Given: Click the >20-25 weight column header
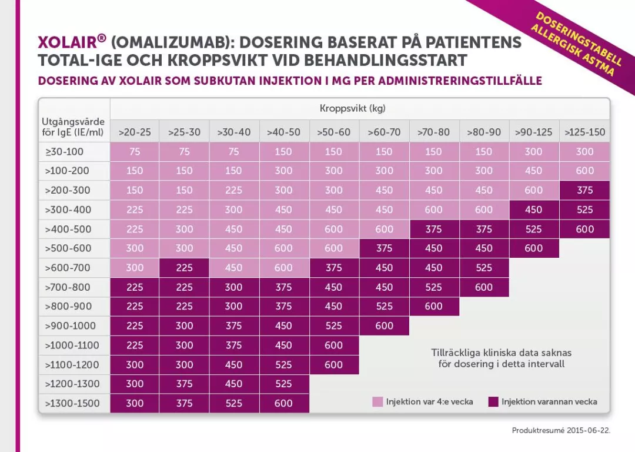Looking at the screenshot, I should (x=135, y=132).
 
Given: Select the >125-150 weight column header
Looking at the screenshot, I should (x=584, y=132).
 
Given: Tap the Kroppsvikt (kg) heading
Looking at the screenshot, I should (x=352, y=108).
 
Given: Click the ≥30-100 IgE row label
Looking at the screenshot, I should (x=65, y=152).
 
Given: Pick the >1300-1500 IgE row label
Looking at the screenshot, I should (x=72, y=404).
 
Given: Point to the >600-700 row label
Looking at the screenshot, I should (x=68, y=268).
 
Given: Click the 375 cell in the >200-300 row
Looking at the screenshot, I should (x=584, y=190).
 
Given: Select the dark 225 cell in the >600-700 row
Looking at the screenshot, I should (x=184, y=268).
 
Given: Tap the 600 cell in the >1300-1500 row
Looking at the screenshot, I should (x=283, y=404).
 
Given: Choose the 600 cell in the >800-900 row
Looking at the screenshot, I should (x=433, y=307).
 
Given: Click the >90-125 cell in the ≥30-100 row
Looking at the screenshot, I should (x=533, y=152).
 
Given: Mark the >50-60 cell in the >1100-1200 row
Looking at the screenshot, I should (x=333, y=365).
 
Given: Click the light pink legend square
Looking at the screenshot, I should (x=377, y=402).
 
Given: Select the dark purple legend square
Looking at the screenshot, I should (x=493, y=402).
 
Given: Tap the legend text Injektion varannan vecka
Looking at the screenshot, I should (x=549, y=402).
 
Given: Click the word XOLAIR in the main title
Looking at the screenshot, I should (x=68, y=43).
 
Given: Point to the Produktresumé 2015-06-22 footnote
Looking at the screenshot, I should (x=561, y=430).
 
